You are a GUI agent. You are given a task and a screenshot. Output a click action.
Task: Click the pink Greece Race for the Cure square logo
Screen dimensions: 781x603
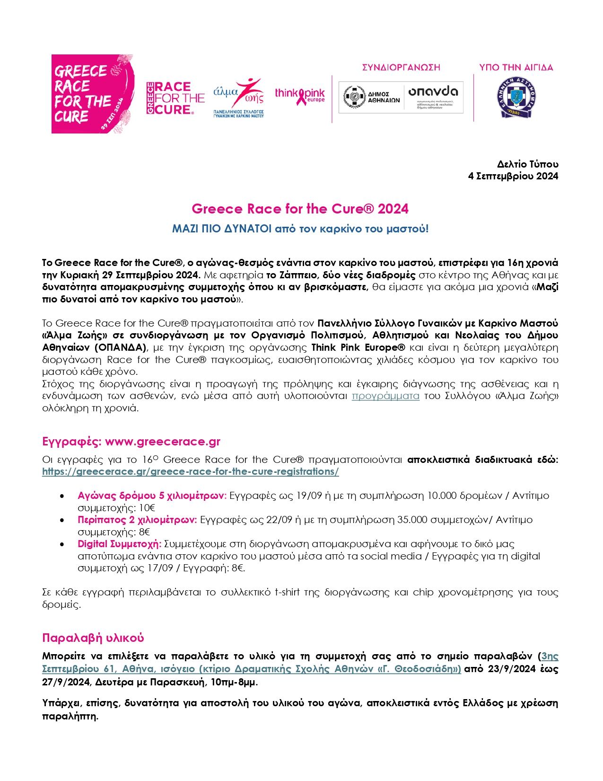tap(93, 94)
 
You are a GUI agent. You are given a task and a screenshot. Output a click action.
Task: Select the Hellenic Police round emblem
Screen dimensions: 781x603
tap(516, 97)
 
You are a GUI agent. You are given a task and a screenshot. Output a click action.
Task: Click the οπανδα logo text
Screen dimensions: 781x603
tap(433, 91)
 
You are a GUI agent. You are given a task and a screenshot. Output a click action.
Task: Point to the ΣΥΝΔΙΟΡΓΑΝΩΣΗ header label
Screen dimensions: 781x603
tap(401, 68)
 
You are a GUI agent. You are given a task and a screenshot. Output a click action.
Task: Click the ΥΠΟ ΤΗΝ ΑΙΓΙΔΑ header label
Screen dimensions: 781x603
tap(516, 68)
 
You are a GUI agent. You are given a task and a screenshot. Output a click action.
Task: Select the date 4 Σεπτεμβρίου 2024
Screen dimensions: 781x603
tap(513, 177)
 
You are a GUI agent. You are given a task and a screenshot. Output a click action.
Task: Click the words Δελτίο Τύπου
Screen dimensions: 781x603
tap(527, 164)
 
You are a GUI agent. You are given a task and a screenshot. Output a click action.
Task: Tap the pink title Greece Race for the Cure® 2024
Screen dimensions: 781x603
tap(300, 209)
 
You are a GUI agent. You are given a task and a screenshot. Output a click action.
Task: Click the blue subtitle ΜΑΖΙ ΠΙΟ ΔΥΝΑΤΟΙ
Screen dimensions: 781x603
tap(300, 229)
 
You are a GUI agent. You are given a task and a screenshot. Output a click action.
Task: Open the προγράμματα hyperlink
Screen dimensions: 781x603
tap(385, 396)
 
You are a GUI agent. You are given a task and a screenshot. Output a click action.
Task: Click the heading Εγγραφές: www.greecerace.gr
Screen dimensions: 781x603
tap(131, 442)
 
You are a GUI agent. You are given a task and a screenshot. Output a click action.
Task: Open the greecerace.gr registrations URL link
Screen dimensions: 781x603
tap(190, 472)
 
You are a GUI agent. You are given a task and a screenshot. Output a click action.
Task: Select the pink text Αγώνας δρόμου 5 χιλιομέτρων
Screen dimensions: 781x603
tap(152, 496)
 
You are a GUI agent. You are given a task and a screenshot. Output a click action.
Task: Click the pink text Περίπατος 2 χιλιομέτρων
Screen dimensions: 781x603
tap(137, 520)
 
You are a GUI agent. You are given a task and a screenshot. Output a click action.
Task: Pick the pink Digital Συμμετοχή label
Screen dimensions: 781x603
tap(120, 544)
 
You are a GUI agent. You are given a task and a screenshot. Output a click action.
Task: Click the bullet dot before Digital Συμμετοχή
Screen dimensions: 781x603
tap(62, 544)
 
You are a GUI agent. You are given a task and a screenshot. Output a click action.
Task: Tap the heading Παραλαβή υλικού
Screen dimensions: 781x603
tap(93, 638)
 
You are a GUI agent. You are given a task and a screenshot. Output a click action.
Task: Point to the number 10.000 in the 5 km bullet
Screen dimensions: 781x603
tap(445, 496)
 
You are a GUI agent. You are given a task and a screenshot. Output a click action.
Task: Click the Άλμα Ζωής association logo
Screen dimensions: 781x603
tap(239, 97)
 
